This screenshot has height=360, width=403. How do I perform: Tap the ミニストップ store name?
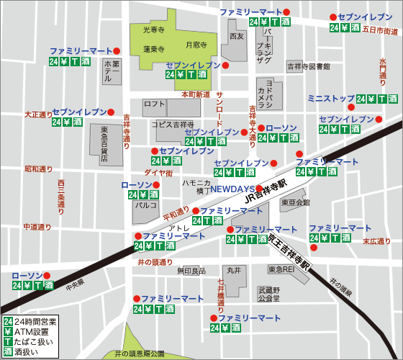[x=330, y=98]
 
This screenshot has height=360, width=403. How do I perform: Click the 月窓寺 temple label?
[x=196, y=45]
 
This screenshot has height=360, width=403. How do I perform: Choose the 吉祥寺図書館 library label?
[x=309, y=66]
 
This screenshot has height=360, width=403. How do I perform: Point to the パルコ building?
[x=142, y=205]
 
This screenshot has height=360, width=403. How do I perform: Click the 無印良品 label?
[x=191, y=271]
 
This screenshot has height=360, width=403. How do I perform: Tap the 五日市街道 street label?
[x=380, y=31]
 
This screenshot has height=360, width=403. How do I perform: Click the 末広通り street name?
[x=376, y=241]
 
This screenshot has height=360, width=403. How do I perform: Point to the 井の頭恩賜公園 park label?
[x=140, y=354]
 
